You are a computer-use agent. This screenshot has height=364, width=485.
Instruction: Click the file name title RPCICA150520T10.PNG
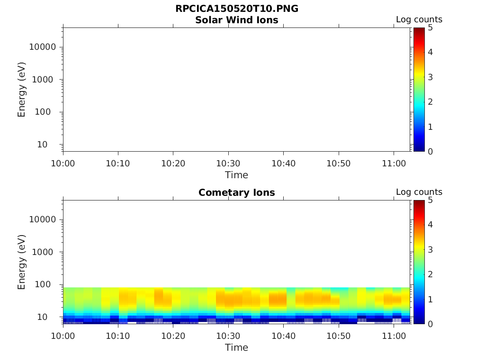(x=237, y=9)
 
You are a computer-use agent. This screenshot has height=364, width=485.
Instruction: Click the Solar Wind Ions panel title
(x=237, y=20)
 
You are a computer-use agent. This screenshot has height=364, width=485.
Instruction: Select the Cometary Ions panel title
(x=237, y=192)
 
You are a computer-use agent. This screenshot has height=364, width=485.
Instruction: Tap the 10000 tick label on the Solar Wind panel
(x=43, y=47)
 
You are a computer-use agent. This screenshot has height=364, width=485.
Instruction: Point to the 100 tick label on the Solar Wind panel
(x=47, y=112)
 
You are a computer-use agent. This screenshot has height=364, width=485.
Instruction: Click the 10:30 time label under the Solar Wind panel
(x=228, y=164)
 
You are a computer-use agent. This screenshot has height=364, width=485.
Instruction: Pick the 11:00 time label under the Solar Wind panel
(x=394, y=164)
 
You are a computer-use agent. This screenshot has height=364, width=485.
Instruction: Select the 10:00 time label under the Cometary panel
(x=63, y=336)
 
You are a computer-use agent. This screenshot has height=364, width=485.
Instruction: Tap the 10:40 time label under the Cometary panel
(x=283, y=336)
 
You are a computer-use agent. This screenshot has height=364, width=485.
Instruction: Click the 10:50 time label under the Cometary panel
(x=338, y=336)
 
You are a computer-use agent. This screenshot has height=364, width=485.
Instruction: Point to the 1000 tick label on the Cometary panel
(x=45, y=252)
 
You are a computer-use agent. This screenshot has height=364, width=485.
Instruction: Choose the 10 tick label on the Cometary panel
(x=49, y=317)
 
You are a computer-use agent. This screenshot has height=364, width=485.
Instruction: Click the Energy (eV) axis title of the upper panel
(x=22, y=90)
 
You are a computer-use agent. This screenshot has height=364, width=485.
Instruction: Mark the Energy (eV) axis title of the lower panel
(x=22, y=262)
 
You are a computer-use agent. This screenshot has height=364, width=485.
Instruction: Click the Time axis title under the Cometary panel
(x=236, y=347)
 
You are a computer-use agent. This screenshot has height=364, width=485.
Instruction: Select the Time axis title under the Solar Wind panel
(x=236, y=175)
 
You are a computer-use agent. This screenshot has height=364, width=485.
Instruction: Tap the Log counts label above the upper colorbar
(x=419, y=20)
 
